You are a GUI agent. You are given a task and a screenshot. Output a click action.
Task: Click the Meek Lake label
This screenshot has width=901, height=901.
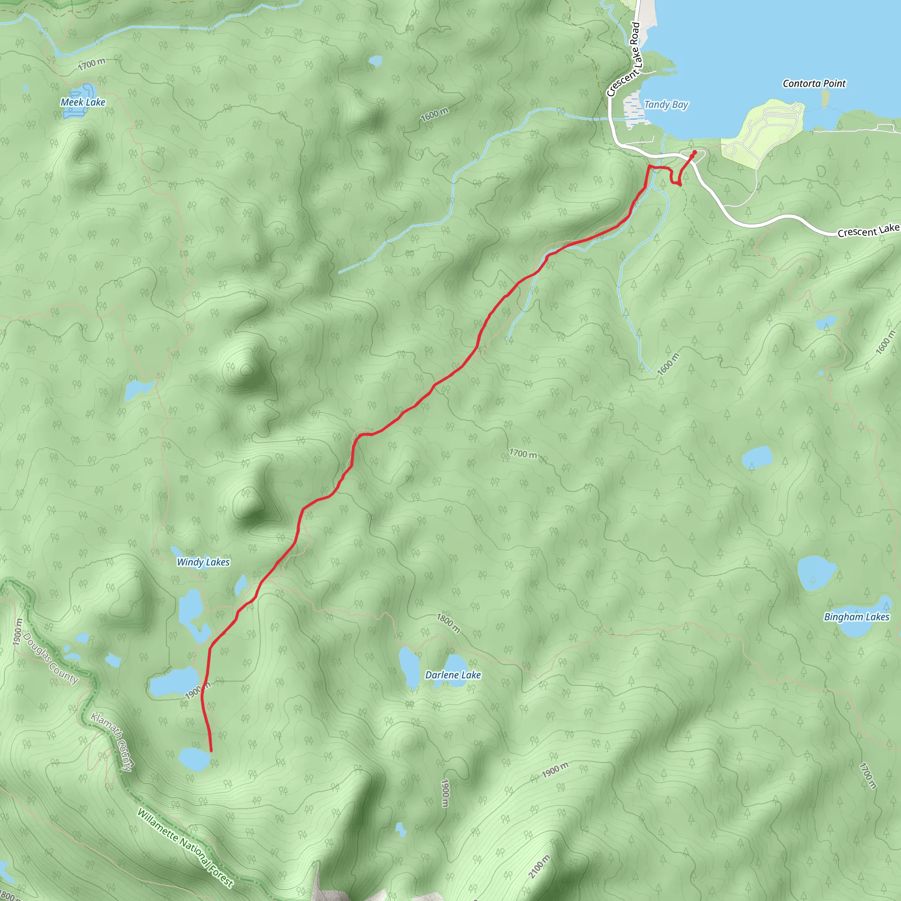pyautogui.click(x=83, y=102)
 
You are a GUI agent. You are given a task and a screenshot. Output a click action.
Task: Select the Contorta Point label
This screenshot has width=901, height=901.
pyautogui.click(x=814, y=84)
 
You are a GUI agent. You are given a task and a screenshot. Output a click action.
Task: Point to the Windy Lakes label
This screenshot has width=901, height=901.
pyautogui.click(x=203, y=562)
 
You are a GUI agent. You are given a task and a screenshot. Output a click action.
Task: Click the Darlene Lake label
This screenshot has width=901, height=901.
pyautogui.click(x=453, y=675)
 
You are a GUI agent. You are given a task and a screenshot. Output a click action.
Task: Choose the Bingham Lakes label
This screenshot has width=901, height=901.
pyautogui.click(x=857, y=616)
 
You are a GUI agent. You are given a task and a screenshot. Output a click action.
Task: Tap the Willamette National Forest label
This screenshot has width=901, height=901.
pyautogui.click(x=185, y=847)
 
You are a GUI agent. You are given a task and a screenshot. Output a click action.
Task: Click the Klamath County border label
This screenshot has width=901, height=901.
pyautogui.click(x=111, y=741)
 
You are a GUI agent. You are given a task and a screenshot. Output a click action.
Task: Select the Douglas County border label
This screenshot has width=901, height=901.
pyautogui.click(x=50, y=658)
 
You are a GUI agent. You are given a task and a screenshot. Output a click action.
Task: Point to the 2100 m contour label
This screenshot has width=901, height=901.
pyautogui.click(x=539, y=867)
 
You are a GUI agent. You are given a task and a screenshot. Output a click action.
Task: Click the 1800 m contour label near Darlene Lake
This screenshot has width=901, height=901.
pyautogui.click(x=448, y=623)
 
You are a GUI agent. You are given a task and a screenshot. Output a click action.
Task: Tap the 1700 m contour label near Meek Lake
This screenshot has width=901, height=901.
pyautogui.click(x=92, y=64)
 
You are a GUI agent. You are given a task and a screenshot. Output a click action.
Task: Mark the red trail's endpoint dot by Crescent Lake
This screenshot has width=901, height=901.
pyautogui.click(x=695, y=152)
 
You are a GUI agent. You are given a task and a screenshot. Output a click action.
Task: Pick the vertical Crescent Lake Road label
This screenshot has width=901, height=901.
pyautogui.click(x=624, y=60)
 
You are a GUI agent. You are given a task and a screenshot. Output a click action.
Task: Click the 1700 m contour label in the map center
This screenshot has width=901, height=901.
pyautogui.click(x=523, y=453)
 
